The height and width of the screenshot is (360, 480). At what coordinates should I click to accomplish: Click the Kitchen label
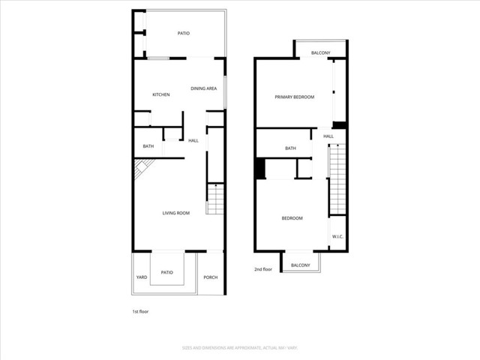click(161, 94)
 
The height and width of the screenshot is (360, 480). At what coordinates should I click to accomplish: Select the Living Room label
click(176, 213)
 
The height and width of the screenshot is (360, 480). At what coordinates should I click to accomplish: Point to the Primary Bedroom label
click(294, 97)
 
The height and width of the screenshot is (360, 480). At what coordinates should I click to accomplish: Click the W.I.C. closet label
click(337, 238)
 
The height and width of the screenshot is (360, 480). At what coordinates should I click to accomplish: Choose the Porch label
click(211, 277)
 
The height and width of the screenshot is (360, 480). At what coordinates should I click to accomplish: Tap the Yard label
click(142, 277)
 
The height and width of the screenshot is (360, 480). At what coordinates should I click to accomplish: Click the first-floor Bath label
click(148, 146)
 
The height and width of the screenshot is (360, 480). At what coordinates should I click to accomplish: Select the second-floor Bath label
click(290, 148)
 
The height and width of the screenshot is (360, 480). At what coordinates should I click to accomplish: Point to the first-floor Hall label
click(193, 140)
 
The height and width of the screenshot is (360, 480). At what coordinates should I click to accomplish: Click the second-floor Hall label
click(328, 136)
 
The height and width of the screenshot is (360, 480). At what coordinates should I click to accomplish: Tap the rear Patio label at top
click(184, 34)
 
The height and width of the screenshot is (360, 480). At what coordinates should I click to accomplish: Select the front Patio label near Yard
click(167, 272)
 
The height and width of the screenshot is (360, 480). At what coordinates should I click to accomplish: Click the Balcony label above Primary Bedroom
click(321, 52)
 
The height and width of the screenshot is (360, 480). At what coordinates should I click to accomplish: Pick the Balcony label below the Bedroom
click(300, 265)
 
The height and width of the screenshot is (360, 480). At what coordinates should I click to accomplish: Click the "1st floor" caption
click(140, 311)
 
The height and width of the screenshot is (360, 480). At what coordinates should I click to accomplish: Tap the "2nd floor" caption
click(263, 269)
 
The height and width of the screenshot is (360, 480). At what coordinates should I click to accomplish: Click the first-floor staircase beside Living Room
click(215, 199)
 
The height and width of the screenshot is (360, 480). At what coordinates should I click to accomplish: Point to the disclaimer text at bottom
click(239, 347)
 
